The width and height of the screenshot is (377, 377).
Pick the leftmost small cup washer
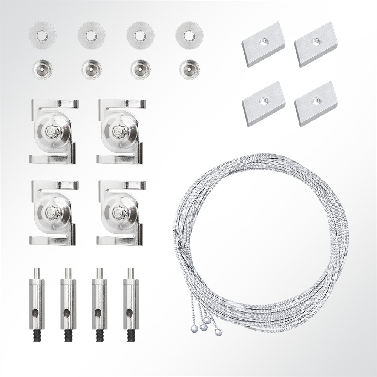click(x=42, y=69)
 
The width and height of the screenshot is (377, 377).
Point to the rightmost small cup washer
click(x=189, y=69)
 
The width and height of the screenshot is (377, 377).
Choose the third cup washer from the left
click(x=141, y=69)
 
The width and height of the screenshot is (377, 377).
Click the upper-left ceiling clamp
click(x=54, y=131)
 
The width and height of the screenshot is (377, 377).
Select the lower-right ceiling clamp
click(x=121, y=213)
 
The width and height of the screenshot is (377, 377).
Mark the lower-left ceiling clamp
click(x=54, y=213)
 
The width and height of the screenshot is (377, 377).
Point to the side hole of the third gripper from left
click(x=98, y=312)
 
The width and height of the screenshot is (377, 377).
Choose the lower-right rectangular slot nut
click(x=316, y=103)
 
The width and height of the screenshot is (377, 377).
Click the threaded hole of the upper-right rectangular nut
click(x=315, y=43)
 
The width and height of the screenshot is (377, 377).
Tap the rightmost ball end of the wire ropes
click(x=218, y=332)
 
